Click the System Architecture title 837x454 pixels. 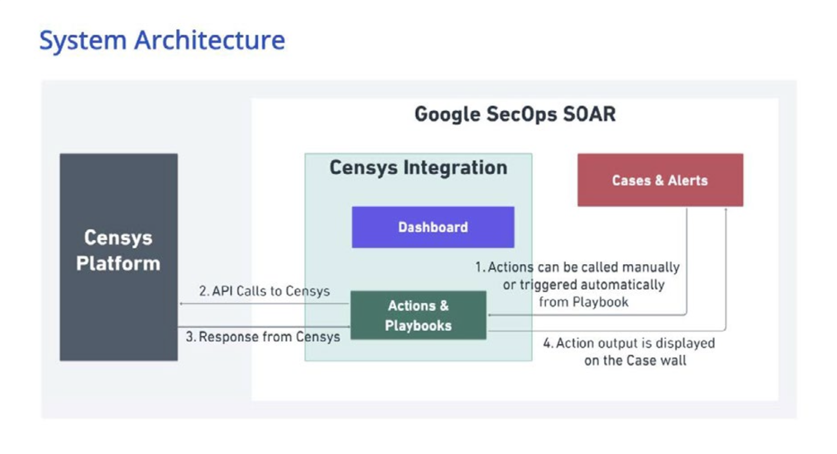162,41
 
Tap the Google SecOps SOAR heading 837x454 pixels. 515,114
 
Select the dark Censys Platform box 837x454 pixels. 119,257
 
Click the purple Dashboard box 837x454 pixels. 433,227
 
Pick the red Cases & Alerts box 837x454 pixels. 660,180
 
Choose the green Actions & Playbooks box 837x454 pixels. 418,316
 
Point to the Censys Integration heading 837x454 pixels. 418,167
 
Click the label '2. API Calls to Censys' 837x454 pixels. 264,291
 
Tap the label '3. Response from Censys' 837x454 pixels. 263,337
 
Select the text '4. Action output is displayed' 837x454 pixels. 629,343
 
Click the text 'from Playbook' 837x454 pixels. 584,302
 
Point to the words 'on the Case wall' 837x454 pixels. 635,361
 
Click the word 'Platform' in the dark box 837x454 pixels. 118,264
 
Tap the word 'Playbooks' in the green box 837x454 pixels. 418,325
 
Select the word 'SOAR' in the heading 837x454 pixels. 589,114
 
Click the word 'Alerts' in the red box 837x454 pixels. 688,181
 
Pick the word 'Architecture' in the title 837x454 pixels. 210,41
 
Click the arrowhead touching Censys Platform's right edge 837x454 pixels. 181,304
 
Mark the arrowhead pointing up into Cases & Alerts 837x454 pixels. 726,210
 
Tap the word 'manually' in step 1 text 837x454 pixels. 651,268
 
